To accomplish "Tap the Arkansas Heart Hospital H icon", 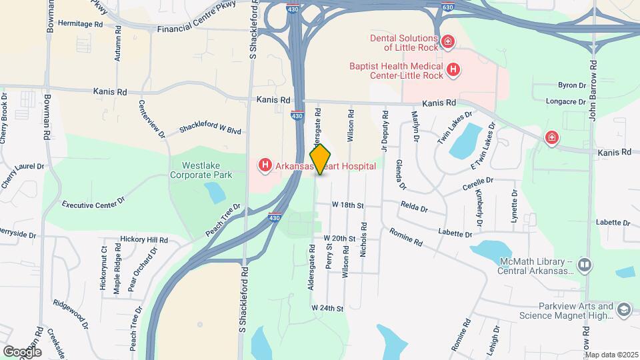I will (x=265, y=165).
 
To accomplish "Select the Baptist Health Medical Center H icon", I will (x=453, y=69).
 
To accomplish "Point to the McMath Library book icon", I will (x=585, y=265).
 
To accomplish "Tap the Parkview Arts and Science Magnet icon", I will (x=623, y=310).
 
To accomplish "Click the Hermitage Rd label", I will (x=80, y=23).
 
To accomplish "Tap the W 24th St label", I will (x=327, y=309).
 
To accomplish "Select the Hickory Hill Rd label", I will (x=143, y=239).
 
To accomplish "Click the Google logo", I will (x=22, y=351).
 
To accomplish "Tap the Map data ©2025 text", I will (x=610, y=354).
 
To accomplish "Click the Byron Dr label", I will (x=571, y=85).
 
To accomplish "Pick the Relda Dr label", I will (x=414, y=207).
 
